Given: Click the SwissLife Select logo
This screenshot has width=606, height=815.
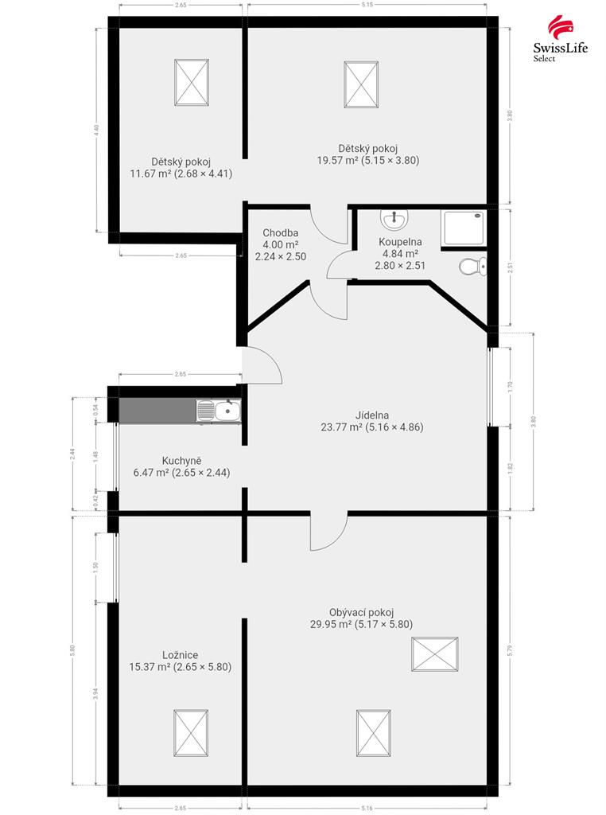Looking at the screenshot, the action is click(561, 38).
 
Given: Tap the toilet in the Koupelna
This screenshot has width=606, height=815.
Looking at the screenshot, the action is click(473, 267).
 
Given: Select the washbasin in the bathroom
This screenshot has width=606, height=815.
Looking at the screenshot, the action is click(394, 220).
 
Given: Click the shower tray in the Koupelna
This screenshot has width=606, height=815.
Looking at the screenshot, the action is click(464, 228).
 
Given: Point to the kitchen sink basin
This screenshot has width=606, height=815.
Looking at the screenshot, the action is click(227, 411).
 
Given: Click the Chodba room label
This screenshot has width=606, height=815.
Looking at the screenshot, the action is click(281, 233).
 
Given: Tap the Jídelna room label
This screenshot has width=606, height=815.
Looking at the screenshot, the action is click(372, 415).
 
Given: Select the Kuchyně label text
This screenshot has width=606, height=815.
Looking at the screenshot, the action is click(182, 461).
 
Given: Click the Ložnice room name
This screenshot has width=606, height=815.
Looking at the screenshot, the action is click(181, 655).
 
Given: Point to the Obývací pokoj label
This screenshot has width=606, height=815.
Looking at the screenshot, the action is click(361, 612).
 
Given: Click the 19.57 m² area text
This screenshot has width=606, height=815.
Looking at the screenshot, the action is click(337, 160).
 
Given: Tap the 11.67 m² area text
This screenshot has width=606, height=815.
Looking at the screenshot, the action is click(150, 174).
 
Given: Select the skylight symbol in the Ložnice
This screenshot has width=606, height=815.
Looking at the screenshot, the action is click(191, 733).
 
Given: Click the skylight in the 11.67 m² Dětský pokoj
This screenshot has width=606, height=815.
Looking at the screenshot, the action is click(192, 83).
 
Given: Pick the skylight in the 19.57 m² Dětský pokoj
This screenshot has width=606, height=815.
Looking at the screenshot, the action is click(361, 84).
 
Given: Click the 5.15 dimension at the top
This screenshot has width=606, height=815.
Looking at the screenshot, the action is click(367, 5).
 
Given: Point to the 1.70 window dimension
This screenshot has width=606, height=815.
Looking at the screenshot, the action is click(511, 387).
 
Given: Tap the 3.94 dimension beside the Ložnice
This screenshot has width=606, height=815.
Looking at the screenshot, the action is click(95, 694).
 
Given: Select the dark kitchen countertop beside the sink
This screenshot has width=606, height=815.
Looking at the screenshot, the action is click(157, 411).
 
